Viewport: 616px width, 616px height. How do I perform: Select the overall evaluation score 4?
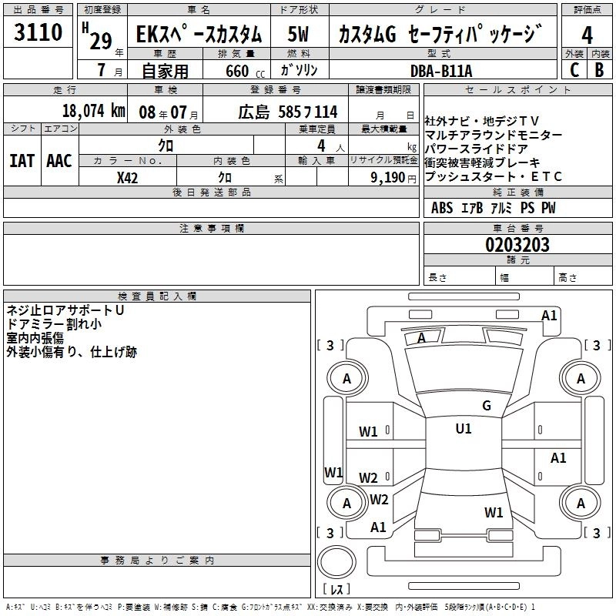[x=587, y=35]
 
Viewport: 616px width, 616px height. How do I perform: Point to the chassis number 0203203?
[x=517, y=246]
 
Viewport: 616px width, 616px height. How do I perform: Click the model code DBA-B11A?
[x=442, y=71]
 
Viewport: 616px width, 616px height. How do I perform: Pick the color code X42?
[x=128, y=178]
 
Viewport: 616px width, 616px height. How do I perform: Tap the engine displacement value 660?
[x=237, y=72]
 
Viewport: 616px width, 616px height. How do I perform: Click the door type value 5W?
[x=299, y=35]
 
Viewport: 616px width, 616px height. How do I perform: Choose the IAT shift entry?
[x=21, y=161]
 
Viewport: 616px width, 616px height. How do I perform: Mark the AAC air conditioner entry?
[x=59, y=161]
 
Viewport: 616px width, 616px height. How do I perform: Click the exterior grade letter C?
[x=574, y=70]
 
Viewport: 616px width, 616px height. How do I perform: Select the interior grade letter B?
[x=600, y=70]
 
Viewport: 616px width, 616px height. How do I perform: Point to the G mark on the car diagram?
[x=486, y=406]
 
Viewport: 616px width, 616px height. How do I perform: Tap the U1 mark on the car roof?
[x=463, y=429]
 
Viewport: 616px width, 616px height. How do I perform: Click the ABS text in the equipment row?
[x=442, y=208]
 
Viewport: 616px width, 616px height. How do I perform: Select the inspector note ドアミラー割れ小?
[x=54, y=324]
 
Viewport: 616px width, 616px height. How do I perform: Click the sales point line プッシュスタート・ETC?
[x=494, y=177]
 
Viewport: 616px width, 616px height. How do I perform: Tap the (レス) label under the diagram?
[x=336, y=590]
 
